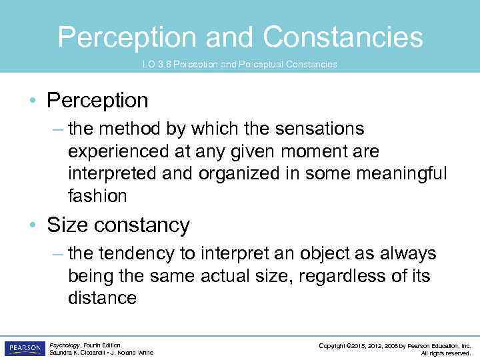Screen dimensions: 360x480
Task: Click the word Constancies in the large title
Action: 343,37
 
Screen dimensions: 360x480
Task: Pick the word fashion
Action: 97,196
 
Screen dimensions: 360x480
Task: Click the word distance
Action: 102,299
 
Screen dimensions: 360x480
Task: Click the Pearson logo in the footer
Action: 24,349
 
